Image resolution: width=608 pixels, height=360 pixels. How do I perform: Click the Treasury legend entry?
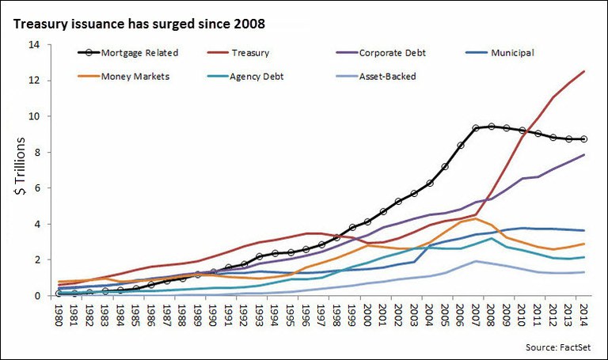tap(250, 53)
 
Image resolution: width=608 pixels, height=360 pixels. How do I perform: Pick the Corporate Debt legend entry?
tap(373, 53)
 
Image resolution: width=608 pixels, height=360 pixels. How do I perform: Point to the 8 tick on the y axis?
tap(35, 152)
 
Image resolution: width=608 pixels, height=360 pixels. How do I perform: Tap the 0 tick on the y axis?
tap(35, 296)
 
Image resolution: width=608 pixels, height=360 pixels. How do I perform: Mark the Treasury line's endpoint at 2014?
tap(584, 71)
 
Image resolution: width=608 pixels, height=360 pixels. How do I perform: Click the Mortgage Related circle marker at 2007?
tap(476, 127)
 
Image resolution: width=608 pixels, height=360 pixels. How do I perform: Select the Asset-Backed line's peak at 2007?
tap(476, 261)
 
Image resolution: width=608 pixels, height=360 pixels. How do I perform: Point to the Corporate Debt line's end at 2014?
tap(584, 154)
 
